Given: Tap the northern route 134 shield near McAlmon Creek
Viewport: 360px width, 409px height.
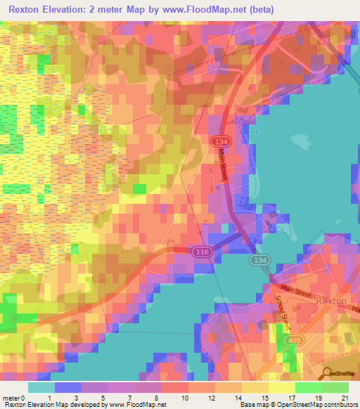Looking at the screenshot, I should (x=217, y=142).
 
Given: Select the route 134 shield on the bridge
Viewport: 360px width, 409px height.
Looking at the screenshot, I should (x=257, y=260).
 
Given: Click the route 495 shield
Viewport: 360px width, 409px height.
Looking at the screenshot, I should (x=288, y=341).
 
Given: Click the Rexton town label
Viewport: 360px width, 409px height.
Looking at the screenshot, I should (x=331, y=300).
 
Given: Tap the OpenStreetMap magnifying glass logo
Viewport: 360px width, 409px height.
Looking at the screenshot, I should (x=328, y=373).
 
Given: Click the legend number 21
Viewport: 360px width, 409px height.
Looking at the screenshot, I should (x=345, y=398).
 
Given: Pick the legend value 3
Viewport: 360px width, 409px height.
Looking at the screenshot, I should (x=76, y=398).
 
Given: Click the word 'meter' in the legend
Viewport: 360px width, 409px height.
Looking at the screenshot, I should (x=13, y=398).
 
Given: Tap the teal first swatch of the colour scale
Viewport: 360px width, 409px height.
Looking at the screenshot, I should (x=41, y=387).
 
